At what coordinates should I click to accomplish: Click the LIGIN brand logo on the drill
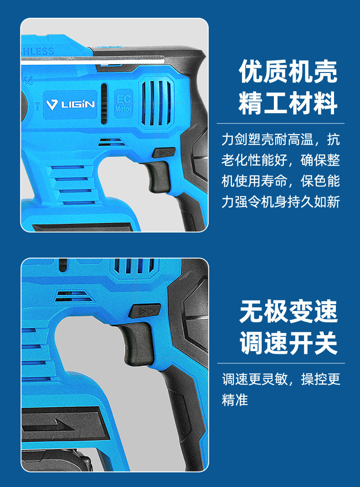coord(70,104)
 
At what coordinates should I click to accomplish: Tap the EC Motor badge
coord(123,104)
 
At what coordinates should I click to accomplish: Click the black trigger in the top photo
coord(159,176)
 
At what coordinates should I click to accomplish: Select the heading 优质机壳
coord(288,72)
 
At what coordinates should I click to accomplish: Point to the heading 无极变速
coord(288,311)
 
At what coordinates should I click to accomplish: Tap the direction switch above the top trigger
coord(164,152)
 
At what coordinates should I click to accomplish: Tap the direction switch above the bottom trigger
coord(144,311)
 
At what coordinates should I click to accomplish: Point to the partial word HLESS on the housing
coord(37,51)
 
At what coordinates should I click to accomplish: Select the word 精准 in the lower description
coord(235,400)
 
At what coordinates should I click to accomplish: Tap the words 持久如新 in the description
coord(314,202)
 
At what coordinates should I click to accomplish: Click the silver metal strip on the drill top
coord(93,60)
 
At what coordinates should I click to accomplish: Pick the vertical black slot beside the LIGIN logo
coord(104,104)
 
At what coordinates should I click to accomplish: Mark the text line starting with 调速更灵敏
coord(281,379)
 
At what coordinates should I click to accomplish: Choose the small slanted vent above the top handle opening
coord(112,142)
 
